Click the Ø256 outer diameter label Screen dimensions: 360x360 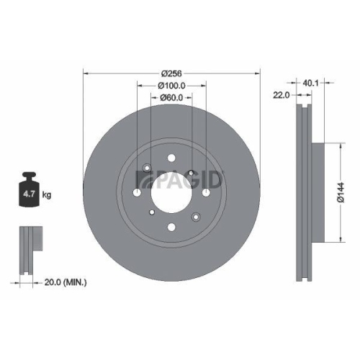point(170,73)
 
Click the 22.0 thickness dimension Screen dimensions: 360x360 point(282,94)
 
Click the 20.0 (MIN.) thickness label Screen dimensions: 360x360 point(61,283)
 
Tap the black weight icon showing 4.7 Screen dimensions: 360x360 point(30,192)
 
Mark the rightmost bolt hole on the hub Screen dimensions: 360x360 point(206,193)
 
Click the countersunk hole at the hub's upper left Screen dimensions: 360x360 point(147,169)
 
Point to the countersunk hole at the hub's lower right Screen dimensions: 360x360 point(194,216)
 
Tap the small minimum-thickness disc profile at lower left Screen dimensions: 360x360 point(27,249)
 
